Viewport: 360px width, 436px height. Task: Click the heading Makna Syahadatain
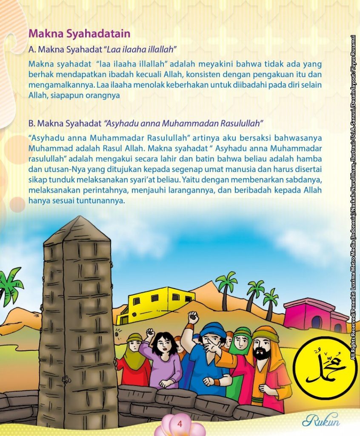click(x=79, y=33)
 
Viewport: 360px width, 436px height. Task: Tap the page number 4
click(x=180, y=424)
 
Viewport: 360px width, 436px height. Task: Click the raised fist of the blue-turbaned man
click(x=194, y=317)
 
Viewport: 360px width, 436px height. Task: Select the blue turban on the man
click(x=213, y=330)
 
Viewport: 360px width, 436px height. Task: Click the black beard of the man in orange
click(x=261, y=353)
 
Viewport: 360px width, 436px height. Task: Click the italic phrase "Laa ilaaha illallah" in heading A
click(x=142, y=49)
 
